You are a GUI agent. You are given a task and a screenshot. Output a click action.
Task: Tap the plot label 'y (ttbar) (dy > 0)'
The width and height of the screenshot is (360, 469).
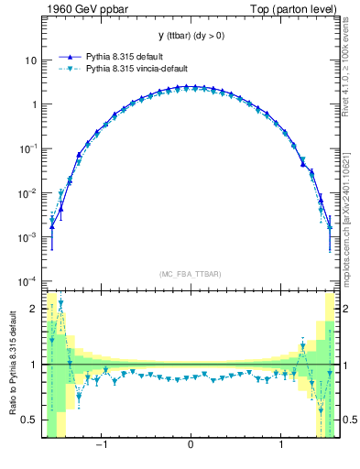(x=190, y=36)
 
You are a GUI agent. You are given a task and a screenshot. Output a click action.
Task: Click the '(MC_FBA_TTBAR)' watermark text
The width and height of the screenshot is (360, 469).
(x=190, y=274)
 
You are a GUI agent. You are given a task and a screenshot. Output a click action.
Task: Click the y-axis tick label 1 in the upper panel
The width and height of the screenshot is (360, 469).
(x=33, y=104)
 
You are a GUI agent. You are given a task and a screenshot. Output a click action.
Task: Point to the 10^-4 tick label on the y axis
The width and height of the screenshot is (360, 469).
(x=27, y=280)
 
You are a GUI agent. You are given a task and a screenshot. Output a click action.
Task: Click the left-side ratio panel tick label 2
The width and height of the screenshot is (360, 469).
(x=33, y=309)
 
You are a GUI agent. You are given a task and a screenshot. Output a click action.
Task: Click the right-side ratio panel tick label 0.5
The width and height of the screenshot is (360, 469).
(x=349, y=420)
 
